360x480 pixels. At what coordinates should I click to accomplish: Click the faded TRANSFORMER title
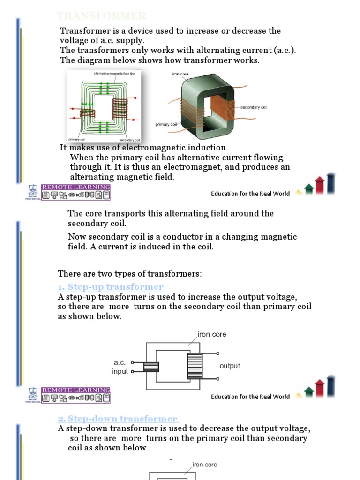pyautogui.click(x=102, y=16)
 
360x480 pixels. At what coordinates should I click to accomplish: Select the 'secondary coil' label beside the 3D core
pyautogui.click(x=253, y=107)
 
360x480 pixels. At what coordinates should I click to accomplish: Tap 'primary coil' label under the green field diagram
pyautogui.click(x=76, y=140)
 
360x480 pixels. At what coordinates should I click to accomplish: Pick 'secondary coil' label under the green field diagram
pyautogui.click(x=129, y=140)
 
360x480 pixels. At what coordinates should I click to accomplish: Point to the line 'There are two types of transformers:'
pyautogui.click(x=129, y=273)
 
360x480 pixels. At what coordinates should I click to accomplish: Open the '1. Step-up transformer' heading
pyautogui.click(x=111, y=287)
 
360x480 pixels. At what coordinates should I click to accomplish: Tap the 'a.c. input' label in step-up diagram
pyautogui.click(x=120, y=367)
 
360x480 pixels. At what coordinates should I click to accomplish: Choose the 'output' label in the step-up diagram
pyautogui.click(x=230, y=366)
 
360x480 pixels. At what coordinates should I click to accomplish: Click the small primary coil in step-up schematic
pyautogui.click(x=151, y=367)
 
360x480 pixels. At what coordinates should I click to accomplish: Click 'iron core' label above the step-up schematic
pyautogui.click(x=212, y=334)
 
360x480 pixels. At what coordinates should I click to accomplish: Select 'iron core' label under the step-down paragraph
pyautogui.click(x=205, y=465)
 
